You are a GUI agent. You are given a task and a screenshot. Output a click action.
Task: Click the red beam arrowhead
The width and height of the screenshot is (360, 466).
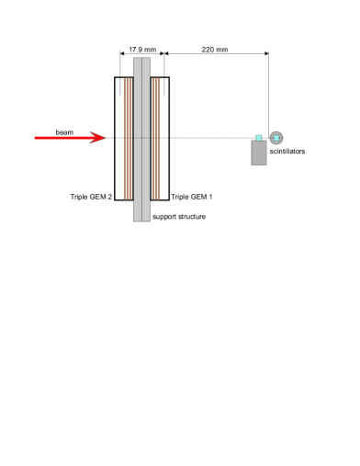click(101, 138)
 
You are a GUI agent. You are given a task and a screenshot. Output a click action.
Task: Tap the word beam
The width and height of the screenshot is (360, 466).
click(64, 131)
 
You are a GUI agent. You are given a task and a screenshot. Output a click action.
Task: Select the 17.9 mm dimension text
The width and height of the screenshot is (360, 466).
click(141, 49)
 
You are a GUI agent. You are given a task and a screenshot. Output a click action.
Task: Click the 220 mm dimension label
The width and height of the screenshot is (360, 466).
click(216, 49)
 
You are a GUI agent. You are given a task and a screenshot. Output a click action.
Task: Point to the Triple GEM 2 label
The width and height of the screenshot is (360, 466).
click(91, 197)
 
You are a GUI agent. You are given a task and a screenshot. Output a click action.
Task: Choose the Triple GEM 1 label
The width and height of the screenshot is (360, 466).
click(192, 197)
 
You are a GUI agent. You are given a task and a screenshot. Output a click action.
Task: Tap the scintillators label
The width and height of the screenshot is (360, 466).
click(287, 152)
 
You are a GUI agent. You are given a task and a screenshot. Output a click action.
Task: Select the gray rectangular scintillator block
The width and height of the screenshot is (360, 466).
click(259, 153)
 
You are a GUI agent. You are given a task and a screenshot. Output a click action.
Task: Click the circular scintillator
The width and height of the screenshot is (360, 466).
click(276, 138)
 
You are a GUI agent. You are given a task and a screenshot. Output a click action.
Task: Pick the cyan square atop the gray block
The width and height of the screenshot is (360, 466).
click(259, 138)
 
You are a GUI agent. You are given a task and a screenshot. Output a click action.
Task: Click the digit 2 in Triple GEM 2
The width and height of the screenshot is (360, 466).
click(109, 197)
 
